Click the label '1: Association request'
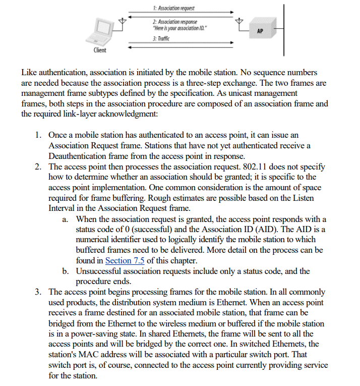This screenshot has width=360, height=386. (173, 9)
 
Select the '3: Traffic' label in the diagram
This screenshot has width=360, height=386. (161, 38)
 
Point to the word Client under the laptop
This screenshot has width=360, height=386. (100, 50)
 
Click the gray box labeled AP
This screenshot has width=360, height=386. (260, 30)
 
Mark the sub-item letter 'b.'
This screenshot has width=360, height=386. (66, 271)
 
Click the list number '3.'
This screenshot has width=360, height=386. (39, 292)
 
